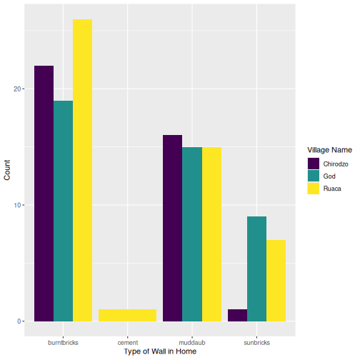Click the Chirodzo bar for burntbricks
coord(44,193)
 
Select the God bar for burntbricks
coord(63,211)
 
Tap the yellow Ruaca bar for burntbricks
coord(82,170)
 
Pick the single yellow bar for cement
coord(127,315)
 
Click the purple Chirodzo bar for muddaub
coord(173,228)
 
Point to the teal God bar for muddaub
coord(192,234)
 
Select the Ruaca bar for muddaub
coord(211,234)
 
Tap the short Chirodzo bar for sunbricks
coord(237,315)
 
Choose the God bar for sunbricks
coord(256,269)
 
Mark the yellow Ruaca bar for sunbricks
coord(276,280)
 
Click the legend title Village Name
coord(329,150)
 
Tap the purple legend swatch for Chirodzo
coord(314,164)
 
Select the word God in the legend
coord(330,176)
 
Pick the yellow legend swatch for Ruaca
coord(314,189)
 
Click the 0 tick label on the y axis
coord(19,321)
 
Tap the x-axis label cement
coord(127,343)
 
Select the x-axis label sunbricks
coord(256,343)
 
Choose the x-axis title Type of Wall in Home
coord(159,352)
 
